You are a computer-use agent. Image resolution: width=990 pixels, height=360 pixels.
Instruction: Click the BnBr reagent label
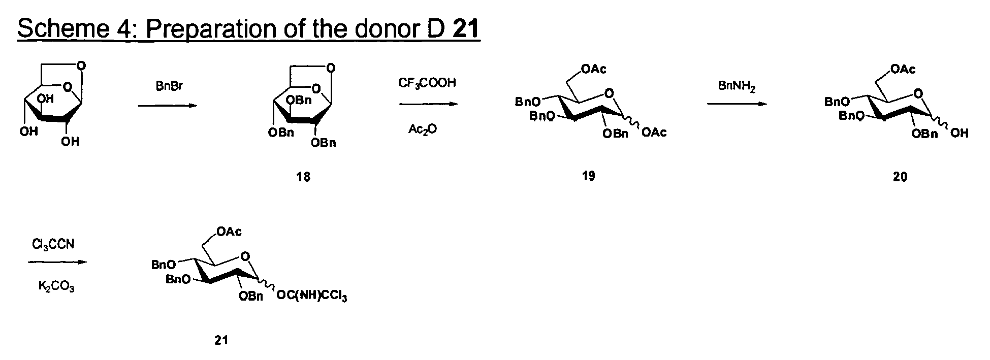click(x=169, y=87)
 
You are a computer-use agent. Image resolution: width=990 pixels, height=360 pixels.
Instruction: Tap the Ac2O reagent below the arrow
click(x=422, y=129)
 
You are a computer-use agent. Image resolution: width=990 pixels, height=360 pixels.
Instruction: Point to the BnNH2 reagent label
click(x=737, y=86)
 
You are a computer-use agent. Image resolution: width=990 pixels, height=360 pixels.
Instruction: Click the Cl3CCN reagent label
click(x=53, y=245)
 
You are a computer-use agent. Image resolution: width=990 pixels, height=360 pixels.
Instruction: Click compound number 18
click(x=303, y=177)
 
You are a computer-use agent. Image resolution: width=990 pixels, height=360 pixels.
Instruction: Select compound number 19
click(x=589, y=176)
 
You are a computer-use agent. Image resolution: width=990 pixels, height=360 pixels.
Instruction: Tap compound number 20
click(x=900, y=177)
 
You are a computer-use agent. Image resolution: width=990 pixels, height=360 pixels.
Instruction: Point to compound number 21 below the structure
click(x=221, y=340)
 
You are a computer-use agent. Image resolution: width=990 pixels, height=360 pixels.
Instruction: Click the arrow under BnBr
click(x=167, y=106)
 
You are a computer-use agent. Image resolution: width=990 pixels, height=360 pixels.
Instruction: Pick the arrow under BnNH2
click(x=737, y=104)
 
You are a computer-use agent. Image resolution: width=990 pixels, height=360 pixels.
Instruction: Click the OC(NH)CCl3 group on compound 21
click(x=312, y=296)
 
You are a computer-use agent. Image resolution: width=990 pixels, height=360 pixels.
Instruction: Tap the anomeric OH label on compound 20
click(x=959, y=133)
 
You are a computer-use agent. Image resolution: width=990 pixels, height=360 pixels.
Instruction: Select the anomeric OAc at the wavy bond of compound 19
click(x=654, y=133)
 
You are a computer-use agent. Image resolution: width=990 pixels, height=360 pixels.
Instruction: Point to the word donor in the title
click(x=380, y=29)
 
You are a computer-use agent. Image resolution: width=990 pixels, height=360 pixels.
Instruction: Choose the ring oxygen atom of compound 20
click(x=917, y=93)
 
